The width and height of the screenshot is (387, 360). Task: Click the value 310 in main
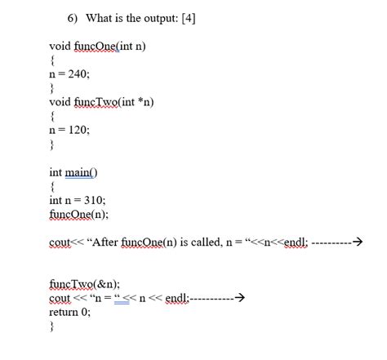pos(93,201)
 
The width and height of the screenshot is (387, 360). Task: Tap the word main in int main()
pos(83,172)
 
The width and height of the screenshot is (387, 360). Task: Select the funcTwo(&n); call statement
pos(84,283)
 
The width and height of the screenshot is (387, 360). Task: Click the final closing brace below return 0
pos(51,326)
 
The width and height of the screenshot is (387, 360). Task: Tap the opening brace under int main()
pos(52,187)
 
